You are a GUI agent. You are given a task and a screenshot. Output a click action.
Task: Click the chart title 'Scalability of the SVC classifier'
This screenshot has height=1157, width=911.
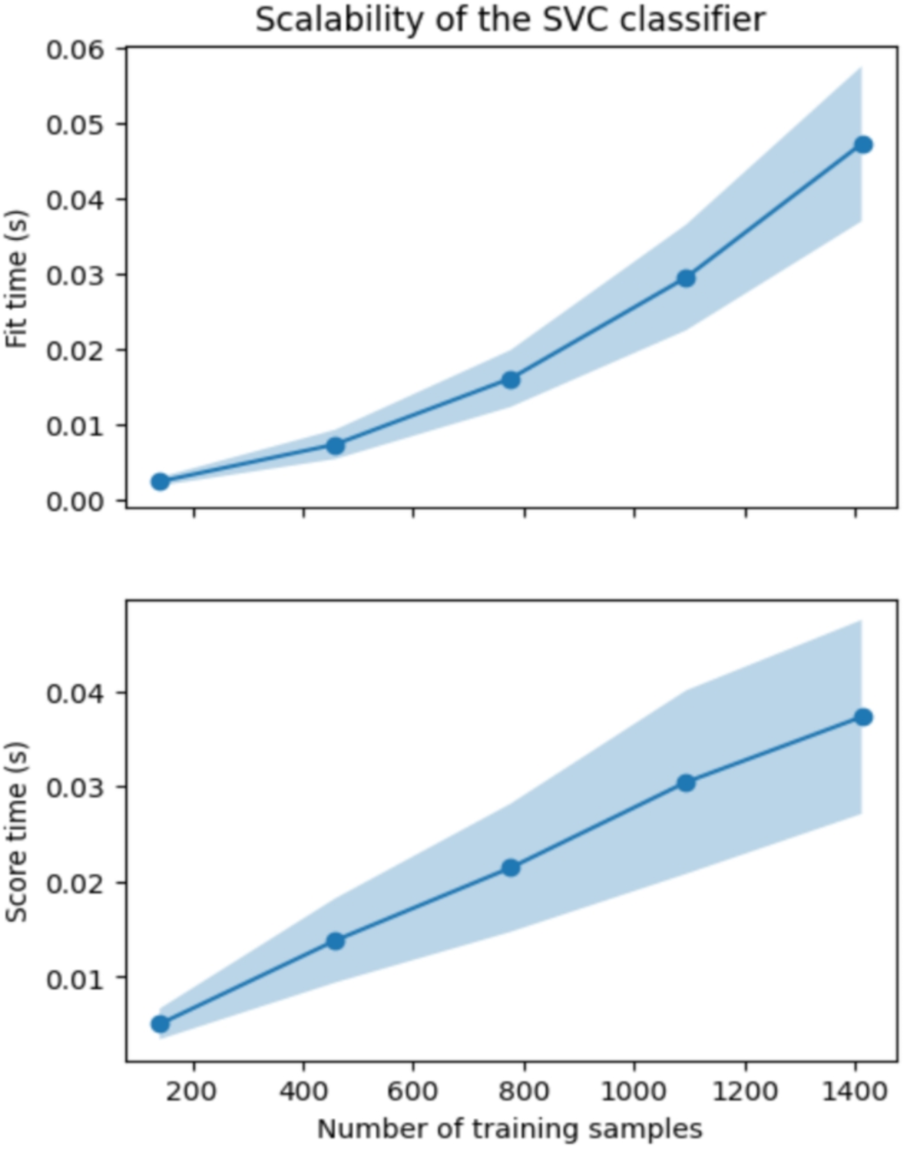pos(511,20)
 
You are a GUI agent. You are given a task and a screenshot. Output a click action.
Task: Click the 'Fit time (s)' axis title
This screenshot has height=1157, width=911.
pos(17,279)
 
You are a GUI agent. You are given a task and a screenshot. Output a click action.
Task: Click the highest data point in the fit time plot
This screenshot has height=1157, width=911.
pos(864,144)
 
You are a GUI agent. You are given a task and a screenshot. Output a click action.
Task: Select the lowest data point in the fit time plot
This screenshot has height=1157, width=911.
pos(160,481)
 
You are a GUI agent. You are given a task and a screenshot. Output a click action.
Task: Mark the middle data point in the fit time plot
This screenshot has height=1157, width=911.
pos(511,380)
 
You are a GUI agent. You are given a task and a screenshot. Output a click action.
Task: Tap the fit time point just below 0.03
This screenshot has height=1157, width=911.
pos(686,278)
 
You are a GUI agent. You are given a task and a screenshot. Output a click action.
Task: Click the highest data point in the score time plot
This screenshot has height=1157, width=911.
pos(864,717)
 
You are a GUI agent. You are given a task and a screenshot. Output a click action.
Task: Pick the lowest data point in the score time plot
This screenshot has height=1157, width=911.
pos(160,1024)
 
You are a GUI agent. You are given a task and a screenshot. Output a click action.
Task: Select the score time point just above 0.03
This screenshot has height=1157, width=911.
pos(686,783)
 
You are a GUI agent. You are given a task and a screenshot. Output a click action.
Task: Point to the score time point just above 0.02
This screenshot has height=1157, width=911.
pos(511,868)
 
